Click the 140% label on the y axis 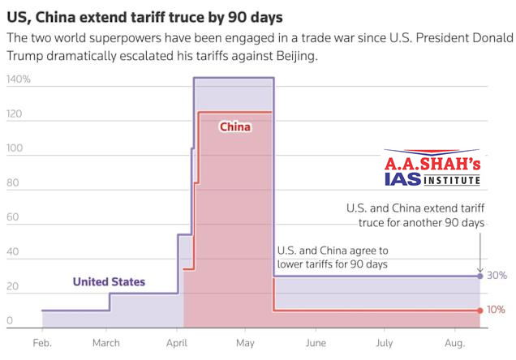18,79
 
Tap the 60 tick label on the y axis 13,219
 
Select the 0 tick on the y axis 11,321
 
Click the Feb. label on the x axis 41,343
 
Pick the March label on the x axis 106,343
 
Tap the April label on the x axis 176,343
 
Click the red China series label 235,126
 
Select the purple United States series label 109,282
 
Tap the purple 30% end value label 497,276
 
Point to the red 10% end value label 497,310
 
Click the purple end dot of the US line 480,276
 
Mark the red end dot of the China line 480,310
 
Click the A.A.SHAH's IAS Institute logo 432,169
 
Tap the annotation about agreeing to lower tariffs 333,258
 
